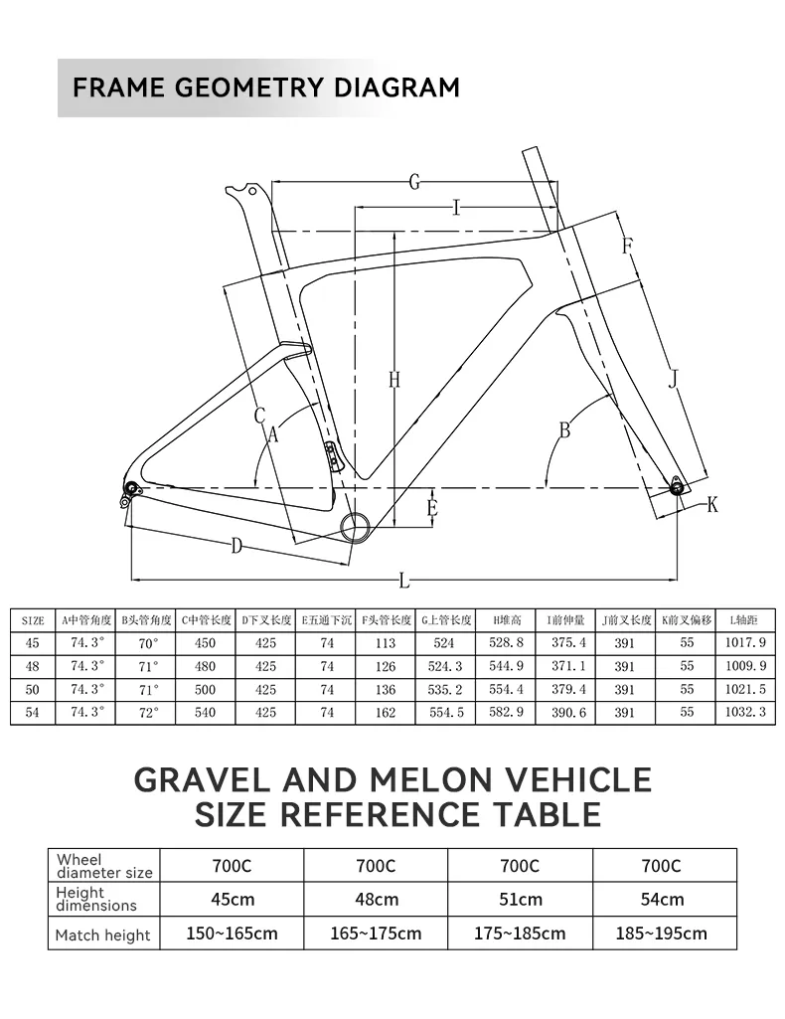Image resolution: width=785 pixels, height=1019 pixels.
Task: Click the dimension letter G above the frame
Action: [414, 182]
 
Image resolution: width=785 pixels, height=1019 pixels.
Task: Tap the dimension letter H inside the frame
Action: [393, 379]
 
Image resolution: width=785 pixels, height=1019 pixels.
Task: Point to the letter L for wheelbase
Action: [404, 580]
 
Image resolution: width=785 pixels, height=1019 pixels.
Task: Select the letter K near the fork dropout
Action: [712, 505]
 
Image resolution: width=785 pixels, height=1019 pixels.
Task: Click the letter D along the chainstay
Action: [237, 545]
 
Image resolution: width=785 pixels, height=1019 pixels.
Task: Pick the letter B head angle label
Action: [564, 430]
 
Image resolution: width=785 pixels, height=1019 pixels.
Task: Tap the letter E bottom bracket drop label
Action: [431, 509]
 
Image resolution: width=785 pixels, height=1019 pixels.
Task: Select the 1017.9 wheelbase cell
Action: [746, 643]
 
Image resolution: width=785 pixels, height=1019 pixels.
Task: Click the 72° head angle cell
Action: [148, 713]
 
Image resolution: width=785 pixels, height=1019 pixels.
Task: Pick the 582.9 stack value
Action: [506, 713]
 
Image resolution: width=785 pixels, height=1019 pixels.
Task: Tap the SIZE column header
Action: [33, 619]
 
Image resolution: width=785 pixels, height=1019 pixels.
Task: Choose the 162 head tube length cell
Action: [386, 713]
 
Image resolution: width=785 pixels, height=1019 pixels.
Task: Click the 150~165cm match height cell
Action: [232, 934]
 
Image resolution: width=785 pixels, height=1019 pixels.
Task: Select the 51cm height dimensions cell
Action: [521, 899]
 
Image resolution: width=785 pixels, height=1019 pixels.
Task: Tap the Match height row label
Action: [103, 934]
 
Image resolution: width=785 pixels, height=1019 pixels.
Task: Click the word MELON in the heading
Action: [424, 779]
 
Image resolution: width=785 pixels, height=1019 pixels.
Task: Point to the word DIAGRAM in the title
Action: [396, 86]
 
